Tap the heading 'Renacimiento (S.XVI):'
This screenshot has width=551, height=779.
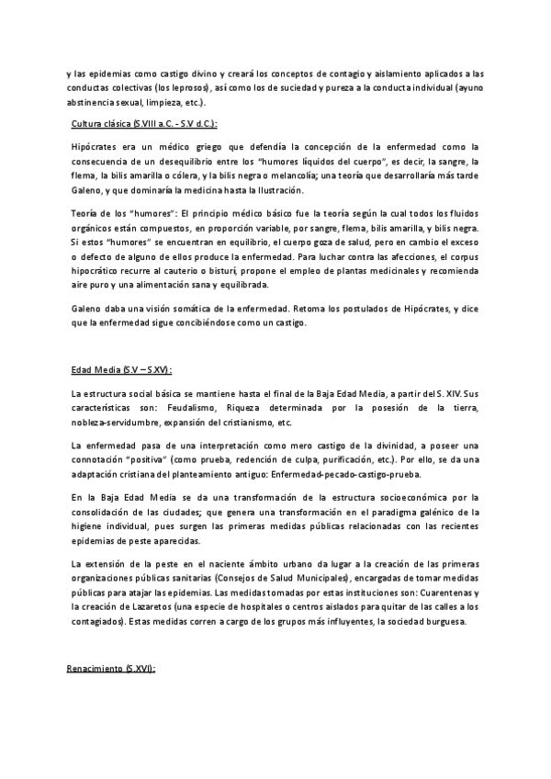tap(113, 671)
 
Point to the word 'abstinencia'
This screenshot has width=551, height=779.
tap(95, 103)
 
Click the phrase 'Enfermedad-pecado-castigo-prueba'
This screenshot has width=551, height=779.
tap(348, 474)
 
